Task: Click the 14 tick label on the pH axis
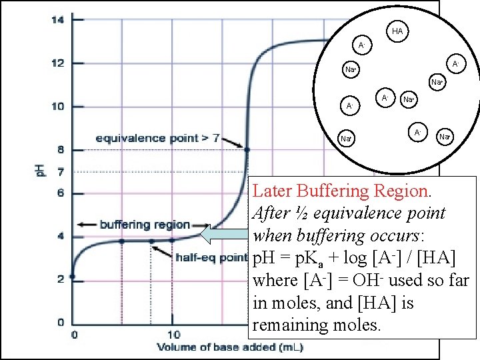[x=57, y=20]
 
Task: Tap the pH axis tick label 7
[x=59, y=173]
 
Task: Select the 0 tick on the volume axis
[x=74, y=334]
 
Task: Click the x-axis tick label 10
[x=173, y=334]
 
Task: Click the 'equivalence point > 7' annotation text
[x=157, y=139]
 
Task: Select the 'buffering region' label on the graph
[x=145, y=225]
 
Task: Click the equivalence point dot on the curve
[x=247, y=150]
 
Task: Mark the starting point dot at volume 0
[x=73, y=276]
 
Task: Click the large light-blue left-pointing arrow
[x=225, y=235]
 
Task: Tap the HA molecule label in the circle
[x=397, y=31]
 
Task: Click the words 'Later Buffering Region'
[x=341, y=191]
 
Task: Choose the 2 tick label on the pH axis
[x=59, y=279]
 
